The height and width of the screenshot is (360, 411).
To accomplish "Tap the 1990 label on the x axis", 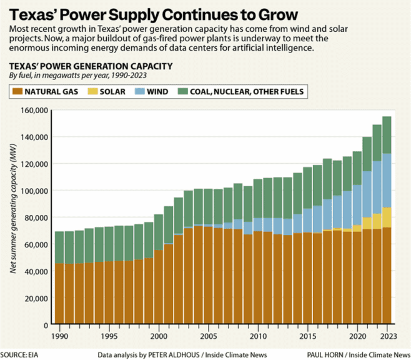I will click(x=59, y=336).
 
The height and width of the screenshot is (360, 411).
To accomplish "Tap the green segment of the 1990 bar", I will click(x=59, y=247).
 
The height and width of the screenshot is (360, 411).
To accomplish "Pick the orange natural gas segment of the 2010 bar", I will click(x=257, y=278).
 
